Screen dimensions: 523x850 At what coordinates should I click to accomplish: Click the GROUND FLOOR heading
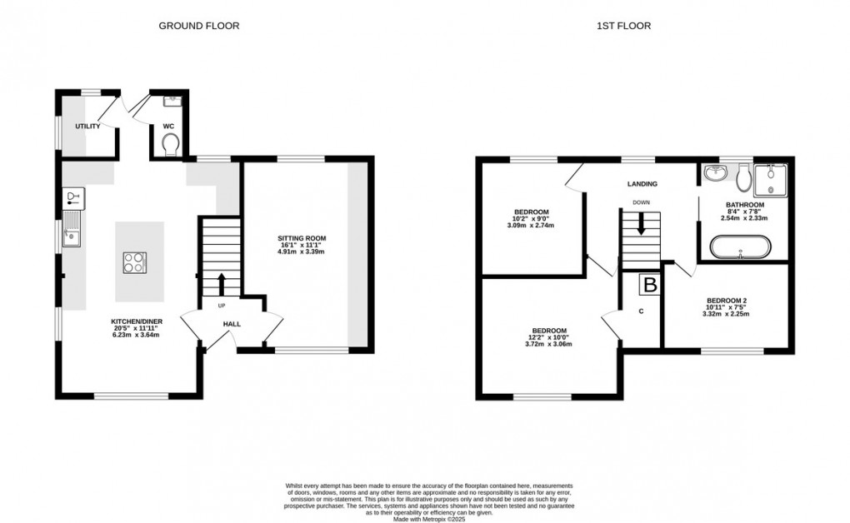pyautogui.click(x=199, y=26)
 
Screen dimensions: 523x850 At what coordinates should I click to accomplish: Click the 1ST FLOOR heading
pyautogui.click(x=623, y=26)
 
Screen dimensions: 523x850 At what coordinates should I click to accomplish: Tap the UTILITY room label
pyautogui.click(x=87, y=127)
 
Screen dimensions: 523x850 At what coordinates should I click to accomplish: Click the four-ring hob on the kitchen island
pyautogui.click(x=134, y=262)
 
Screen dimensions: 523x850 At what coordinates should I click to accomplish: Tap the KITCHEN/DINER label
pyautogui.click(x=134, y=321)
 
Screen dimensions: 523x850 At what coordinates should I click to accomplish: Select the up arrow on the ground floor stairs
pyautogui.click(x=221, y=283)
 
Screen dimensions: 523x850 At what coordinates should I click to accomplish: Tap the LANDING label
pyautogui.click(x=642, y=184)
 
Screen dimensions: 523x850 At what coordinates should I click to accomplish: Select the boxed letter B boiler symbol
pyautogui.click(x=649, y=285)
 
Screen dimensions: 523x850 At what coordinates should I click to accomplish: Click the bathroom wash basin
pyautogui.click(x=715, y=173)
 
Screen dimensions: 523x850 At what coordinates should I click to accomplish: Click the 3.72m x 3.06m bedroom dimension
pyautogui.click(x=548, y=344)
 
